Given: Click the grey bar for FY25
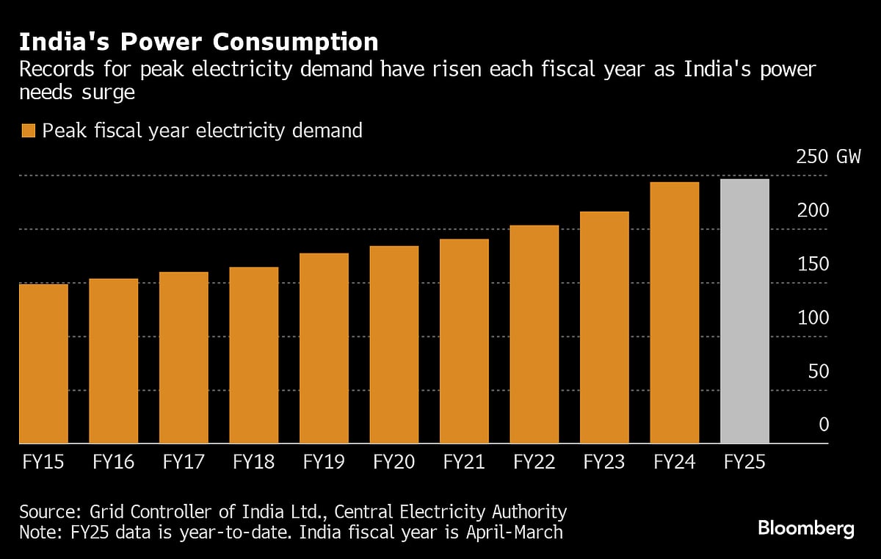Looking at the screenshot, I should click(x=745, y=311).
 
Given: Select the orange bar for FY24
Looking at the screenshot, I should click(x=675, y=313).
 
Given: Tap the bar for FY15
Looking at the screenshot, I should click(x=43, y=364).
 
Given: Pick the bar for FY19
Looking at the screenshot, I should click(x=324, y=348).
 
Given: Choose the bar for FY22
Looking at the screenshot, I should click(x=534, y=334).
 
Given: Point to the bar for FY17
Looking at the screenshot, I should click(x=184, y=358).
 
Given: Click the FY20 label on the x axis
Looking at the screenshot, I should click(x=394, y=462).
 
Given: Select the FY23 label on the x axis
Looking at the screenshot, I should click(x=604, y=462).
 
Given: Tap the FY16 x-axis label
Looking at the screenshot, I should click(x=114, y=462).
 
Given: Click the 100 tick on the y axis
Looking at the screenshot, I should click(x=813, y=318).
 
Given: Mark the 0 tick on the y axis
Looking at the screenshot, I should click(x=823, y=425).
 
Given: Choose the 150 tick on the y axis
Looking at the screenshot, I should click(x=813, y=264).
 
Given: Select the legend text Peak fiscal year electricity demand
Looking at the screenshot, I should click(x=202, y=131).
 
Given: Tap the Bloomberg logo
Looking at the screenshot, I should click(x=806, y=527).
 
